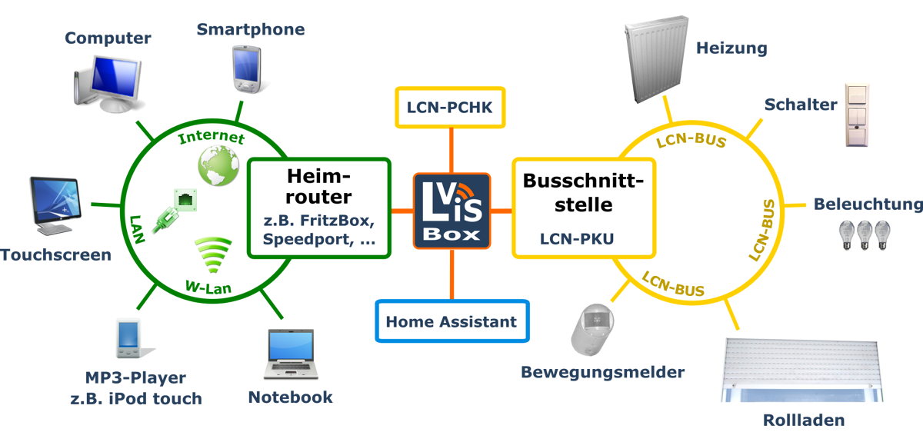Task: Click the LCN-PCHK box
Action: (x=450, y=108)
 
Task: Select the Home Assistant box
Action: (x=452, y=321)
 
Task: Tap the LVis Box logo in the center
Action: (x=452, y=211)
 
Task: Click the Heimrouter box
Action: (x=319, y=208)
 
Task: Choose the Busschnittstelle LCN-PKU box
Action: (x=583, y=208)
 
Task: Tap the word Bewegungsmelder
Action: (x=602, y=373)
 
